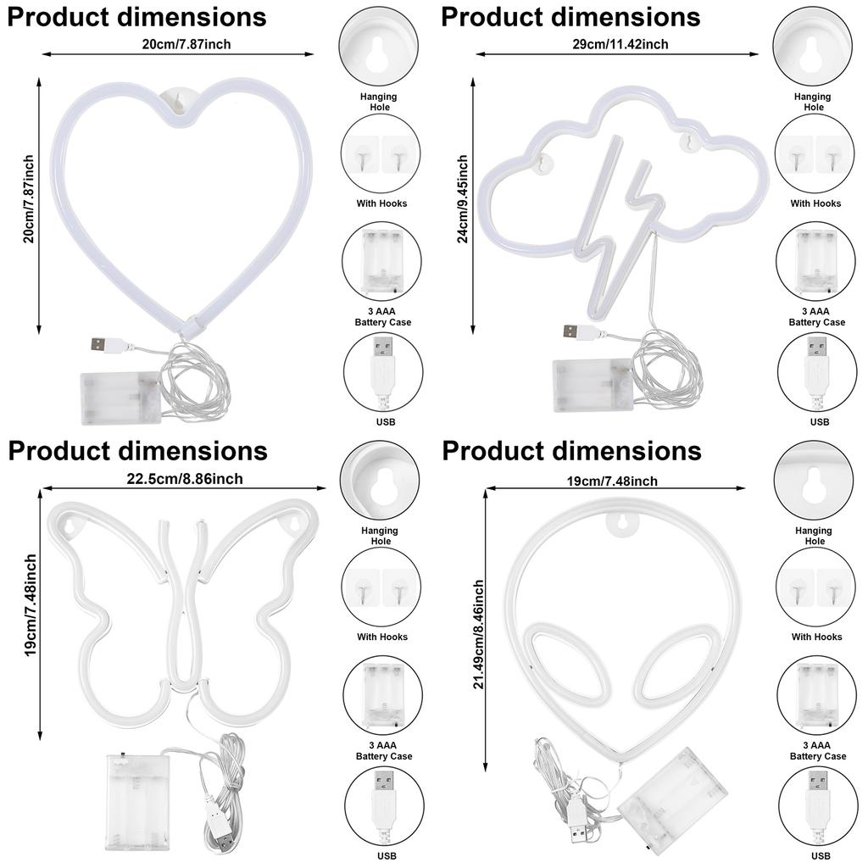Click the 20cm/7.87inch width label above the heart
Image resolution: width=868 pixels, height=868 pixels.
click(183, 45)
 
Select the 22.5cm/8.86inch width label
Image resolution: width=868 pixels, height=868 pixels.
click(185, 479)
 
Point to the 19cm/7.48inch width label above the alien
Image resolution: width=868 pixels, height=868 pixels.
click(612, 481)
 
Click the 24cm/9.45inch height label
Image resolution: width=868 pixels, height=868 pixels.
click(463, 198)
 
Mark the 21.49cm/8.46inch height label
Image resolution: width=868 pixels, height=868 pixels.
click(479, 634)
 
